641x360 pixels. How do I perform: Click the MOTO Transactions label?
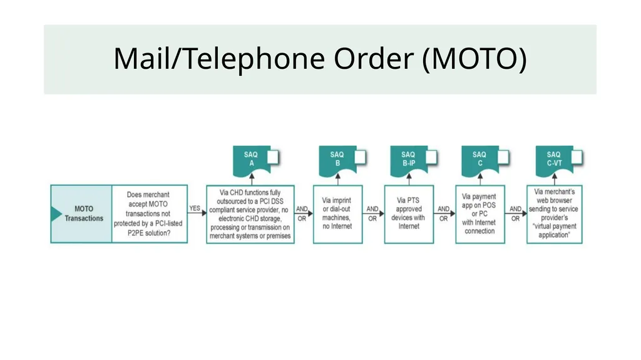point(84,213)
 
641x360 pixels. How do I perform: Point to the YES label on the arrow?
point(195,208)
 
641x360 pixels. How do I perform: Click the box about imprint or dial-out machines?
point(337,214)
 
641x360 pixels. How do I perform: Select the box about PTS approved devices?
point(409,214)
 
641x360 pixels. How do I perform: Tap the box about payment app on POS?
point(480,214)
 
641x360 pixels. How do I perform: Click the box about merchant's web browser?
point(555,214)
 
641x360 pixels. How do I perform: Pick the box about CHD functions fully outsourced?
point(250,214)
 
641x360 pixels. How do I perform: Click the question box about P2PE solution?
point(150,214)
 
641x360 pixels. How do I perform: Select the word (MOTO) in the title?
point(474,58)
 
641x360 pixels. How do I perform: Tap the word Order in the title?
point(374,58)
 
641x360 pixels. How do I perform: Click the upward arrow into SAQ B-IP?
point(409,179)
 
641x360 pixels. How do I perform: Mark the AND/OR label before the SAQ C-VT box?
point(516,213)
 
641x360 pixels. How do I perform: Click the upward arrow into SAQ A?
point(252,179)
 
